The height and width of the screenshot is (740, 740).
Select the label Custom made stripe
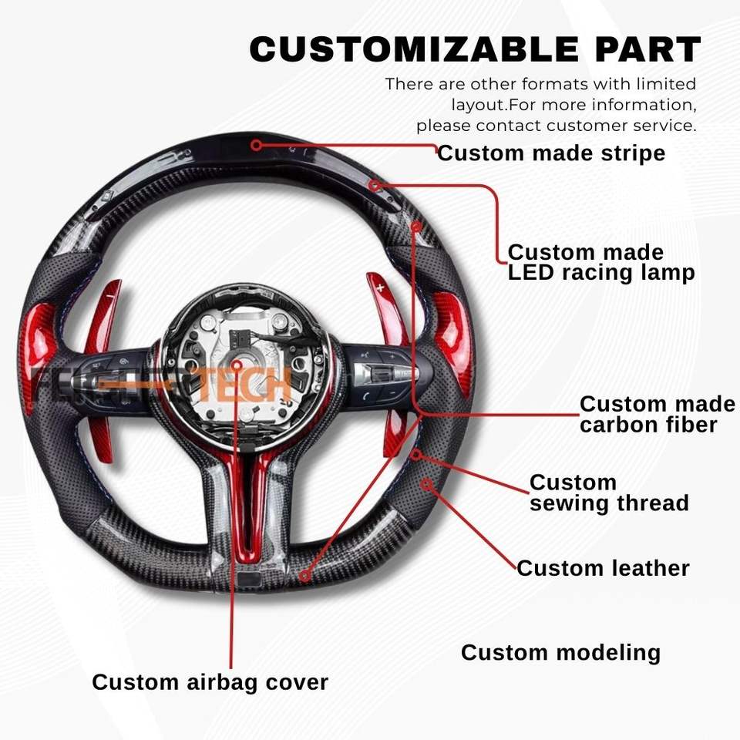[551, 153]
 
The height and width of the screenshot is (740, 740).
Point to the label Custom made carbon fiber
[657, 414]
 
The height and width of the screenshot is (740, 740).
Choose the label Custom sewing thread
[609, 493]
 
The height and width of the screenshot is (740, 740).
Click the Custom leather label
[603, 568]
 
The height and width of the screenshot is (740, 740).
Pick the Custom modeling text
[560, 653]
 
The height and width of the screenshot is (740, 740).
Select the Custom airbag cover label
[210, 682]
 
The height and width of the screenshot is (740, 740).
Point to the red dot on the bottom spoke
[305, 575]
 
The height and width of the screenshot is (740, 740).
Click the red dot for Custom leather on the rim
[426, 483]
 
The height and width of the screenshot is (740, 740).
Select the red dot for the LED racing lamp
[374, 185]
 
